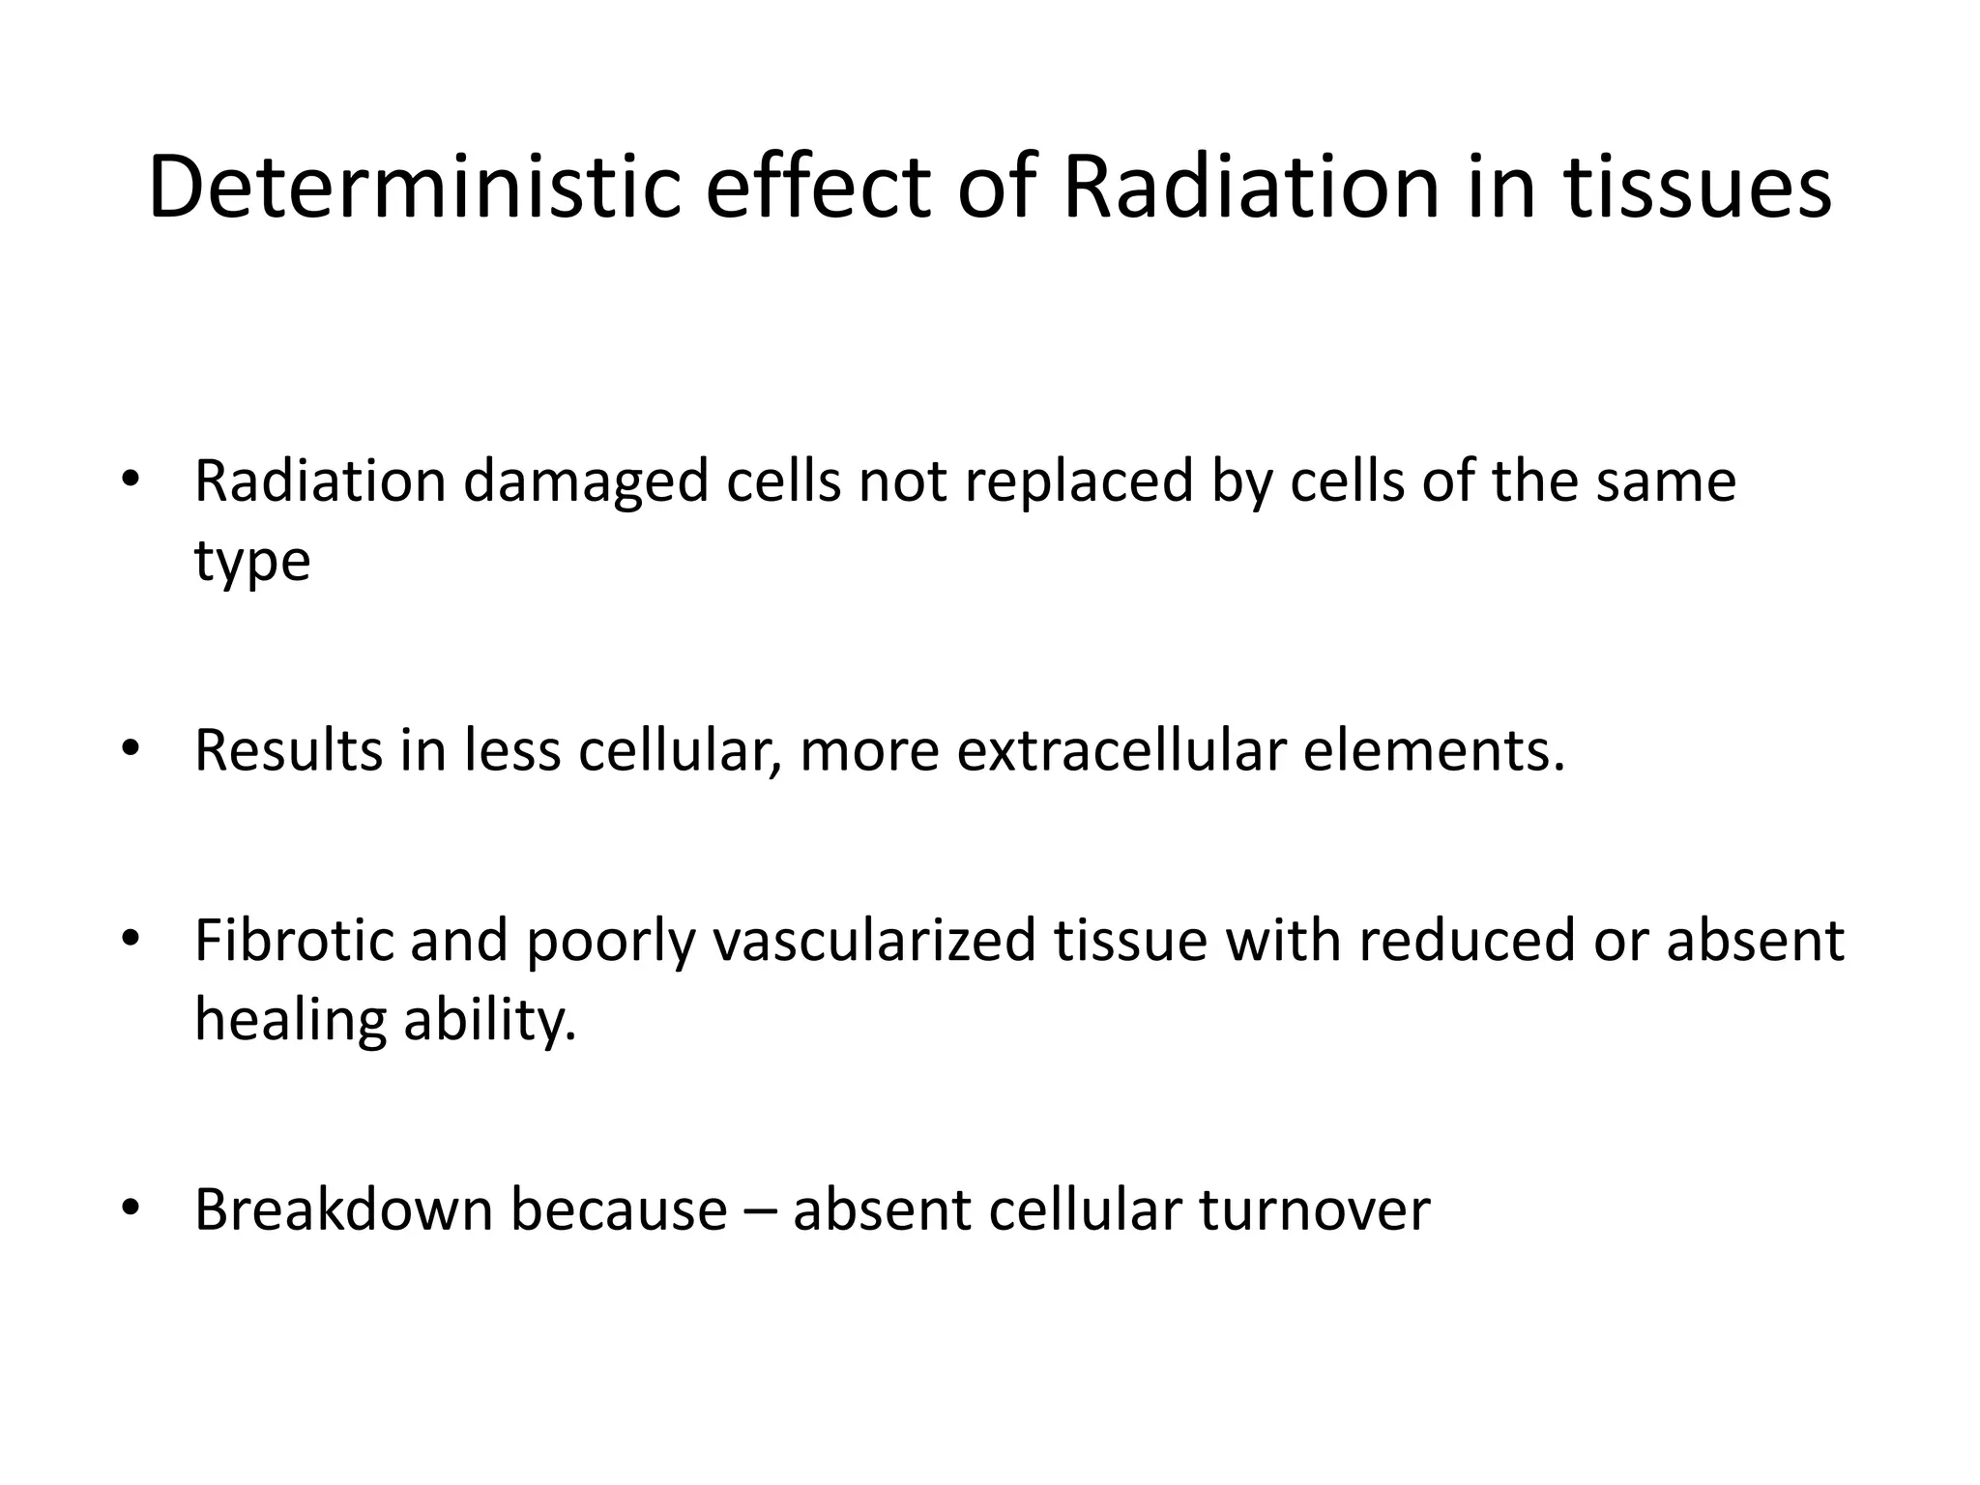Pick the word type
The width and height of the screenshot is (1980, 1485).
(x=252, y=563)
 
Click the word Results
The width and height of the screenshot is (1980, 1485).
(x=288, y=750)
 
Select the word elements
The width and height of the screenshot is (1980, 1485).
(x=1433, y=750)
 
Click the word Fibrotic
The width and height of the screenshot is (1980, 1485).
(x=294, y=940)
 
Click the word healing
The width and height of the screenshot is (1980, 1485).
(x=290, y=1019)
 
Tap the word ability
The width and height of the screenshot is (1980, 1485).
(x=489, y=1019)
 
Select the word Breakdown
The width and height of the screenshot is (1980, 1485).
(x=343, y=1208)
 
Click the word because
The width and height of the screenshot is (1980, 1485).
(x=619, y=1208)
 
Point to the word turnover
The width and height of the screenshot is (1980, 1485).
(x=1315, y=1208)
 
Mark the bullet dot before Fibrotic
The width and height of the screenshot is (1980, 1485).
(x=131, y=939)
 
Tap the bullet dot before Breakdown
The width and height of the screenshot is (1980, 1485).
(x=131, y=1208)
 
